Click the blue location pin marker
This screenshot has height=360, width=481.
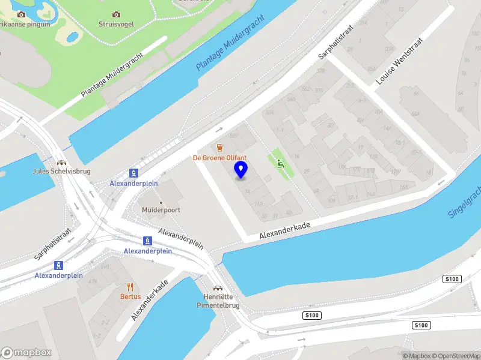(241, 170)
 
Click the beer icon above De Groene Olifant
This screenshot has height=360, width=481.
(220, 148)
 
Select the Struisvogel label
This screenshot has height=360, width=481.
(116, 24)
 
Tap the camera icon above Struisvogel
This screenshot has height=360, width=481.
(116, 14)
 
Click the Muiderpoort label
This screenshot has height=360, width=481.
(161, 210)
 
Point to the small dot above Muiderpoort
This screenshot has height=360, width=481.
(161, 202)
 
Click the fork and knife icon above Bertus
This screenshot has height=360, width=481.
(130, 287)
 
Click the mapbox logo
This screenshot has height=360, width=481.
(26, 353)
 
